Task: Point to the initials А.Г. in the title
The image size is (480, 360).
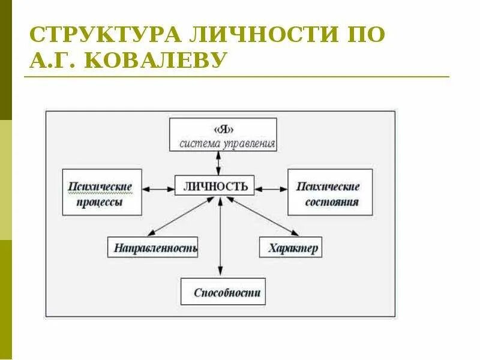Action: click(52, 60)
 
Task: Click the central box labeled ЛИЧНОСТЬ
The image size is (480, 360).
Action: click(215, 185)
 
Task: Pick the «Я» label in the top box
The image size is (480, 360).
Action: click(223, 129)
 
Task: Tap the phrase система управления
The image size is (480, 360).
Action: click(227, 144)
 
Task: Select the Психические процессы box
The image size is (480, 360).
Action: click(102, 191)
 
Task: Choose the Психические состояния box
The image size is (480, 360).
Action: click(329, 191)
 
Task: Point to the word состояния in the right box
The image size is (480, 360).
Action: click(332, 202)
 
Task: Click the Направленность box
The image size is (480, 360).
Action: click(152, 247)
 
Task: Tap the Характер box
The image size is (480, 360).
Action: click(290, 247)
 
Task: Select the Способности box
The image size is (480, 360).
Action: click(223, 292)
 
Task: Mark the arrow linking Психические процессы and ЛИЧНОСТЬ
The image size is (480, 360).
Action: click(158, 189)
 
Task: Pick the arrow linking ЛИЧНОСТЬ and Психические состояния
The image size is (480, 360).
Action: click(271, 189)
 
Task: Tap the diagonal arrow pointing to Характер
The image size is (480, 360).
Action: click(264, 216)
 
